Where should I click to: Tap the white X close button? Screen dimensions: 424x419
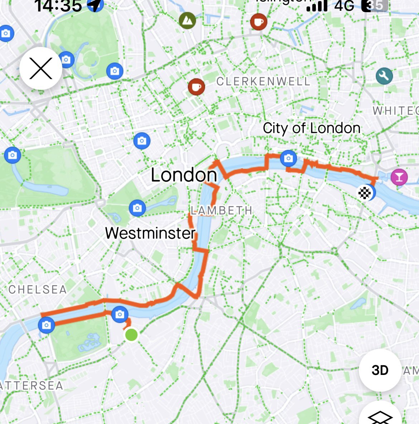pyautogui.click(x=41, y=68)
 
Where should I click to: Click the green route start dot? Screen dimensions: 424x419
pyautogui.click(x=131, y=335)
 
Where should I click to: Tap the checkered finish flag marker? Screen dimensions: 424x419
pyautogui.click(x=365, y=193)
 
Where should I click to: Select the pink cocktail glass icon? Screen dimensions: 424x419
pyautogui.click(x=399, y=177)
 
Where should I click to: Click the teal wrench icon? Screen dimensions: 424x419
pyautogui.click(x=384, y=76)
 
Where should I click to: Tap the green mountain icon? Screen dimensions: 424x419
pyautogui.click(x=188, y=21)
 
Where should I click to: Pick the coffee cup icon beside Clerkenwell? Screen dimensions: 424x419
pyautogui.click(x=196, y=87)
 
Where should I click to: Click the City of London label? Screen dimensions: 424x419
pyautogui.click(x=311, y=128)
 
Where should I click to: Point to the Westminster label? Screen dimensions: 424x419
pyautogui.click(x=150, y=233)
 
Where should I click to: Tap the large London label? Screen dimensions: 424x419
pyautogui.click(x=184, y=175)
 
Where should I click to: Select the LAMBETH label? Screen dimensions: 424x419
pyautogui.click(x=221, y=211)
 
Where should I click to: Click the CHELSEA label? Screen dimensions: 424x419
pyautogui.click(x=38, y=290)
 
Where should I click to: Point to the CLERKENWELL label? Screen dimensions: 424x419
pyautogui.click(x=263, y=82)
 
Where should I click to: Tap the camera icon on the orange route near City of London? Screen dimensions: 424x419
pyautogui.click(x=288, y=158)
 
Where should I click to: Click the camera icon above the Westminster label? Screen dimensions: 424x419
pyautogui.click(x=137, y=208)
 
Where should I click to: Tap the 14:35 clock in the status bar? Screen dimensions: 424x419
pyautogui.click(x=58, y=6)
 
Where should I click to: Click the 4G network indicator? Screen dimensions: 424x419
pyautogui.click(x=344, y=5)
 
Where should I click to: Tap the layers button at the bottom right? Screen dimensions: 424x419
pyautogui.click(x=380, y=415)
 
